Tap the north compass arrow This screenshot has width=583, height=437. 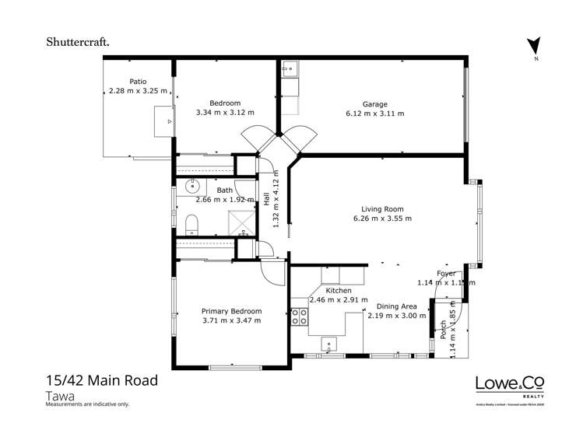tap(533, 47)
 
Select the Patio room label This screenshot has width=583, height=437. tap(138, 81)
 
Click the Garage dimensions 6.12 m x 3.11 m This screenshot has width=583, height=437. tap(374, 114)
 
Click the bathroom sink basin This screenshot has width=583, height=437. tap(191, 187)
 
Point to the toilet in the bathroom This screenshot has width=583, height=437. tap(191, 225)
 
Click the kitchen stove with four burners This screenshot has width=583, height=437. tap(300, 316)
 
